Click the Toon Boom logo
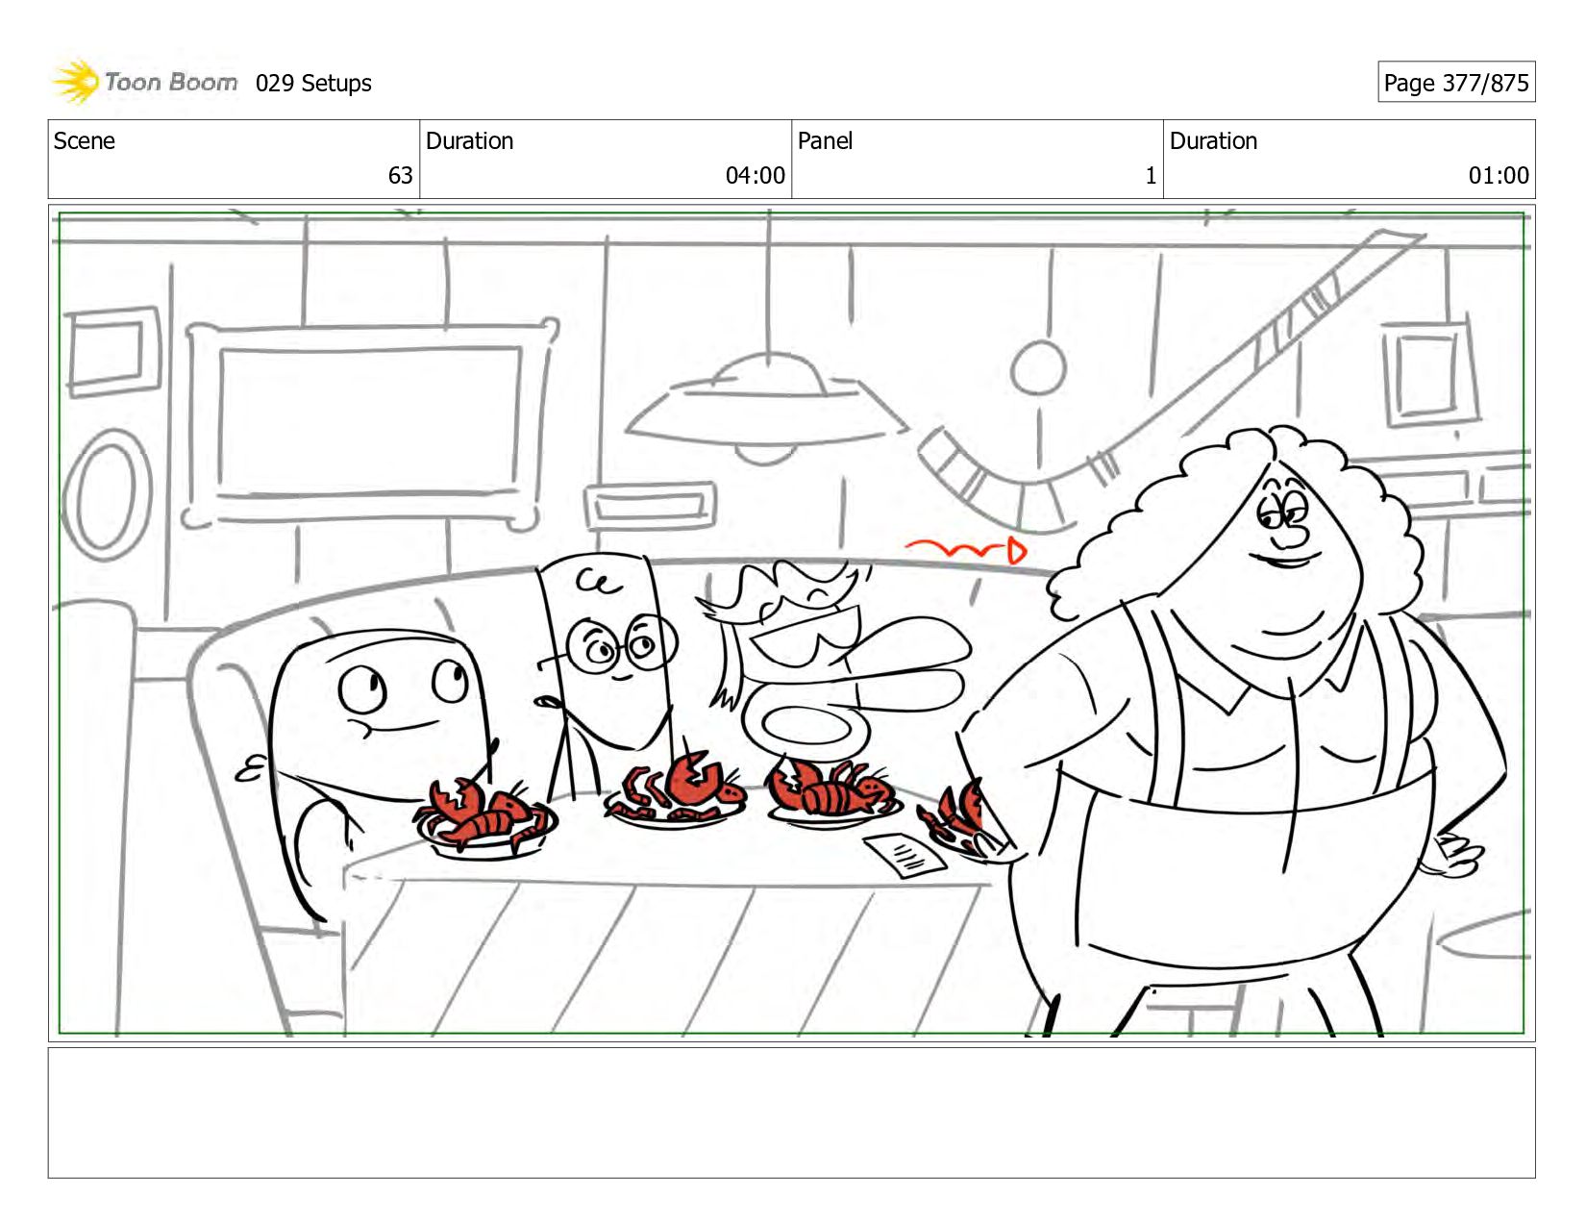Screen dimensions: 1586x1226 (144, 82)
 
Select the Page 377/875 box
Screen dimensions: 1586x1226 (1456, 82)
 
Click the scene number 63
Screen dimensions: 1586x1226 (400, 175)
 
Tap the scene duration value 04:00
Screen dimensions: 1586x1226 (755, 175)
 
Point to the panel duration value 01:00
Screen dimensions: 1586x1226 (1499, 175)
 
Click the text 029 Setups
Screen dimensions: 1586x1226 (313, 84)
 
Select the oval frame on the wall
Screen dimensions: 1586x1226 (108, 496)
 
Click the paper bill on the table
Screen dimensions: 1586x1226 (905, 855)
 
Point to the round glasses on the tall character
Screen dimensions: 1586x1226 (620, 645)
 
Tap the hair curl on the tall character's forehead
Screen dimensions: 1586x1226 (599, 582)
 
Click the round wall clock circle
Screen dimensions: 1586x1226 (1038, 368)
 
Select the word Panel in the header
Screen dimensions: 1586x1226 (825, 140)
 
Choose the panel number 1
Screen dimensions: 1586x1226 (1151, 175)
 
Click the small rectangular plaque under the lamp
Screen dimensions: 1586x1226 (650, 505)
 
